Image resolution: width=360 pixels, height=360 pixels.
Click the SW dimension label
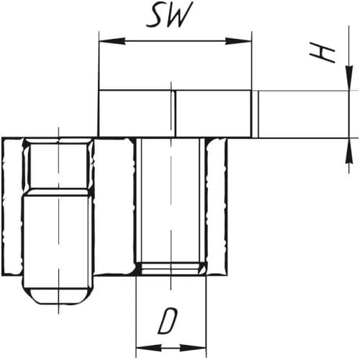click(169, 15)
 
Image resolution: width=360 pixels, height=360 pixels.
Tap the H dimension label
click(323, 53)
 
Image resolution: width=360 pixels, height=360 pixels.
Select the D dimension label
click(168, 321)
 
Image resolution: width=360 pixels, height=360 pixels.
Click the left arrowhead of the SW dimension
click(112, 41)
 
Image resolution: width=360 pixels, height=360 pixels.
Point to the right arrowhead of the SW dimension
click(238, 41)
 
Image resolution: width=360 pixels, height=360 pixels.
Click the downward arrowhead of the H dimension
click(349, 77)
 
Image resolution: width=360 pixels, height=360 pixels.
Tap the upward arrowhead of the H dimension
click(349, 151)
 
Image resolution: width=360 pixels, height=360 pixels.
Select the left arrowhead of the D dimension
click(148, 348)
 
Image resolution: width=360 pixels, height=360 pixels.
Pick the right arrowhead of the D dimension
click(194, 348)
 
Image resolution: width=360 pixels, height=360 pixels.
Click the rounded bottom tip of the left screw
click(59, 296)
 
